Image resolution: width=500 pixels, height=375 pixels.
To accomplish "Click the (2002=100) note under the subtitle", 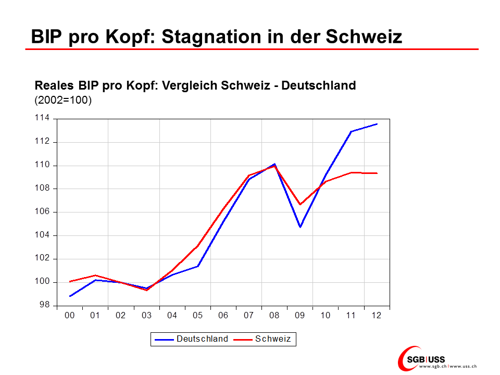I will (63, 99).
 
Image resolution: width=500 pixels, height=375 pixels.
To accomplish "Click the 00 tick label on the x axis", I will (69, 316).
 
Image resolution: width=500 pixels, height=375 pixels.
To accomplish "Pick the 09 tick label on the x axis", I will (300, 316).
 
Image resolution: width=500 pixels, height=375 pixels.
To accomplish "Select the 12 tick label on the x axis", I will (377, 316).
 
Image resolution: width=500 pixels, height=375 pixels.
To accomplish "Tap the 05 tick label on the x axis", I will (197, 316).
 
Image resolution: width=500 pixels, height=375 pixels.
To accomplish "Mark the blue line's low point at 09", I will (300, 227).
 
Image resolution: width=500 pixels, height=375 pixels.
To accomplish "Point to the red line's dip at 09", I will (300, 204).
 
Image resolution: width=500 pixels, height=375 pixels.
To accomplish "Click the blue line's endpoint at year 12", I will (377, 124).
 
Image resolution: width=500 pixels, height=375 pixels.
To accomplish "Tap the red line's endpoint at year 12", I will (377, 173).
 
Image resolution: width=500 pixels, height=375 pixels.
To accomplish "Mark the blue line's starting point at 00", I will (70, 296).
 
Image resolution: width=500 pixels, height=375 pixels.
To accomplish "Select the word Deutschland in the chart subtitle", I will (318, 85).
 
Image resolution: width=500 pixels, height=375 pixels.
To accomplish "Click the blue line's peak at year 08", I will (274, 164).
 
